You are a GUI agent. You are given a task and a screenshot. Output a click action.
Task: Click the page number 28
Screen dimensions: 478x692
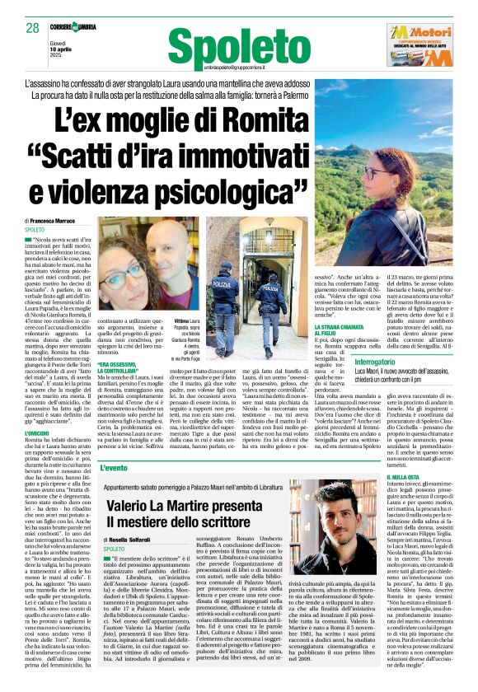click(x=32, y=28)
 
